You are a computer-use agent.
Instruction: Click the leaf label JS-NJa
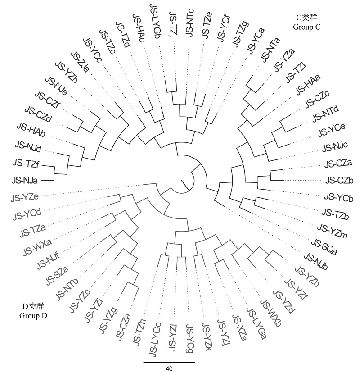[x=25, y=181]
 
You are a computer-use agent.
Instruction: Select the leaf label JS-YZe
[x=25, y=197]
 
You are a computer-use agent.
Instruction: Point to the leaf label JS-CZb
[x=339, y=181]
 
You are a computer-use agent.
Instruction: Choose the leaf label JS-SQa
[x=324, y=246]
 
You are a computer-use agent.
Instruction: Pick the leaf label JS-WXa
[x=37, y=247]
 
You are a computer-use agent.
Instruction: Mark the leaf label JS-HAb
[x=31, y=130]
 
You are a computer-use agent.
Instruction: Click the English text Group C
[x=306, y=27]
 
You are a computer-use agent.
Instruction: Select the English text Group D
[x=33, y=315]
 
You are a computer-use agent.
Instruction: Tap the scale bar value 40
[x=169, y=368]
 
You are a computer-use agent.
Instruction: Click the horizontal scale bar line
[x=169, y=362]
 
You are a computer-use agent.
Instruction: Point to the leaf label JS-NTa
[x=270, y=50]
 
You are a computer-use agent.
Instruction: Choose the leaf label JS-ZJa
[x=80, y=63]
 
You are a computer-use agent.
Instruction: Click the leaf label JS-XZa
[x=239, y=328]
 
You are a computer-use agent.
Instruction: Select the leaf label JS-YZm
[x=333, y=231]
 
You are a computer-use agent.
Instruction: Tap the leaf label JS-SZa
[x=57, y=276]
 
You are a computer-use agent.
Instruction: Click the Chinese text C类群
[x=306, y=18]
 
